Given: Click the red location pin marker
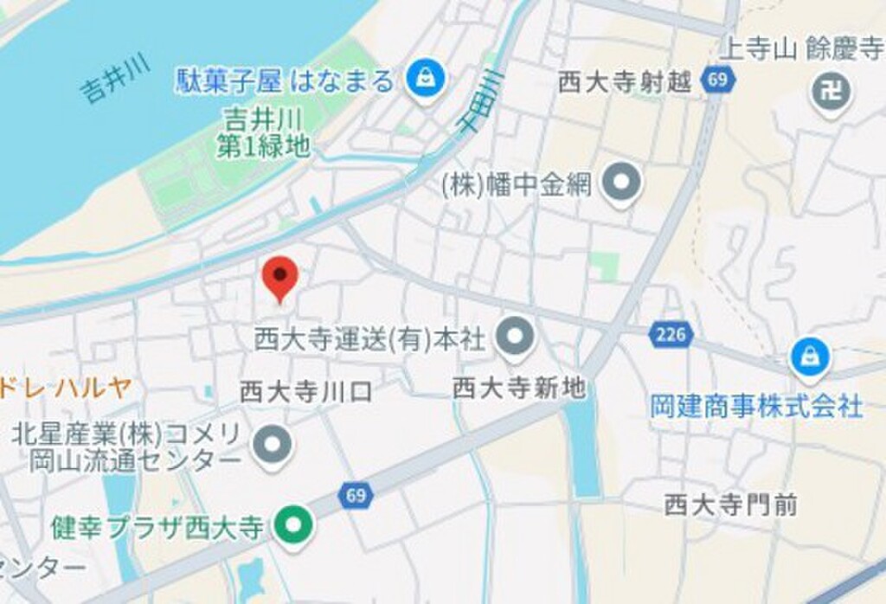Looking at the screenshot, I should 280,276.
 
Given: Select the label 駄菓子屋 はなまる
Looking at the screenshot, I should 286,82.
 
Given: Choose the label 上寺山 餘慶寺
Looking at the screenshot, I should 803,49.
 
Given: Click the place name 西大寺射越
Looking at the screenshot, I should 625,82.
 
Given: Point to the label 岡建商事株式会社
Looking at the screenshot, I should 756,405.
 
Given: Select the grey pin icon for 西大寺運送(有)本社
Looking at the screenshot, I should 517,335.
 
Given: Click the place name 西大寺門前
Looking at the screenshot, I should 730,504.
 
